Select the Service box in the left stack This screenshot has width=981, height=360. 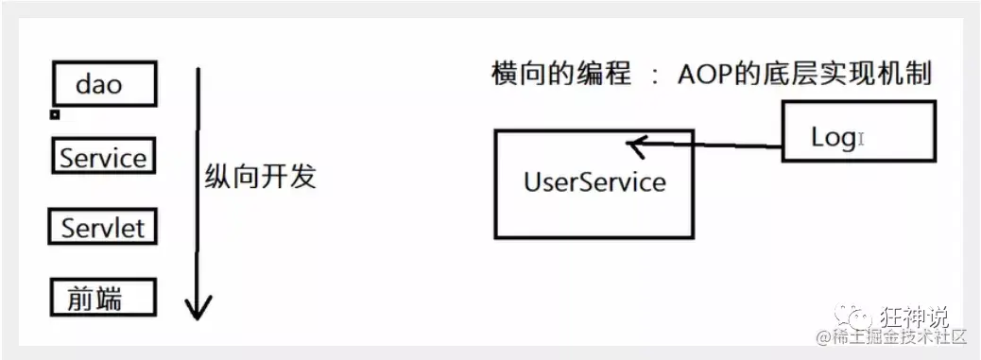(102, 157)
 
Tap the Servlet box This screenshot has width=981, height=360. (102, 228)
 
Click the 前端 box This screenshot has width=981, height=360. (101, 298)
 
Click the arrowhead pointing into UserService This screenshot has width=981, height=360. (635, 146)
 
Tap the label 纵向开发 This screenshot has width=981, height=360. (260, 178)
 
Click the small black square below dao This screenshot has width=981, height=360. (55, 114)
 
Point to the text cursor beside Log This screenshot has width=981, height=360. (862, 139)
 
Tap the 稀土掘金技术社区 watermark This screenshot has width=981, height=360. (893, 337)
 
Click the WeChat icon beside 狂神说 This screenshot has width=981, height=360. (866, 315)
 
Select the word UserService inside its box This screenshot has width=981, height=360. (594, 180)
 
